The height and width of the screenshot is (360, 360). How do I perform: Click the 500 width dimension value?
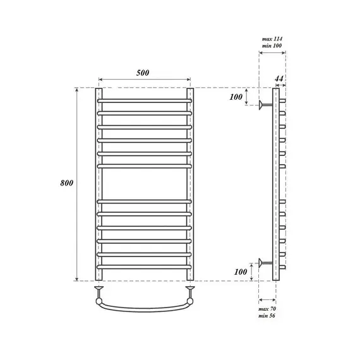[x=143, y=73]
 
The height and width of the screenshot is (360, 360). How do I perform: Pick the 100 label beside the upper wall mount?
[x=236, y=97]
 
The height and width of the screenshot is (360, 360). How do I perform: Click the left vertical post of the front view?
[x=99, y=183]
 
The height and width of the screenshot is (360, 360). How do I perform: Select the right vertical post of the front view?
[x=189, y=183]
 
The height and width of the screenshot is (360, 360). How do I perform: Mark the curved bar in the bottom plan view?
[x=144, y=309]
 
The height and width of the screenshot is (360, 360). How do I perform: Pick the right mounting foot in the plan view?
[x=189, y=291]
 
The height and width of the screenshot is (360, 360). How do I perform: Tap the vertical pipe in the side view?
[x=275, y=183]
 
